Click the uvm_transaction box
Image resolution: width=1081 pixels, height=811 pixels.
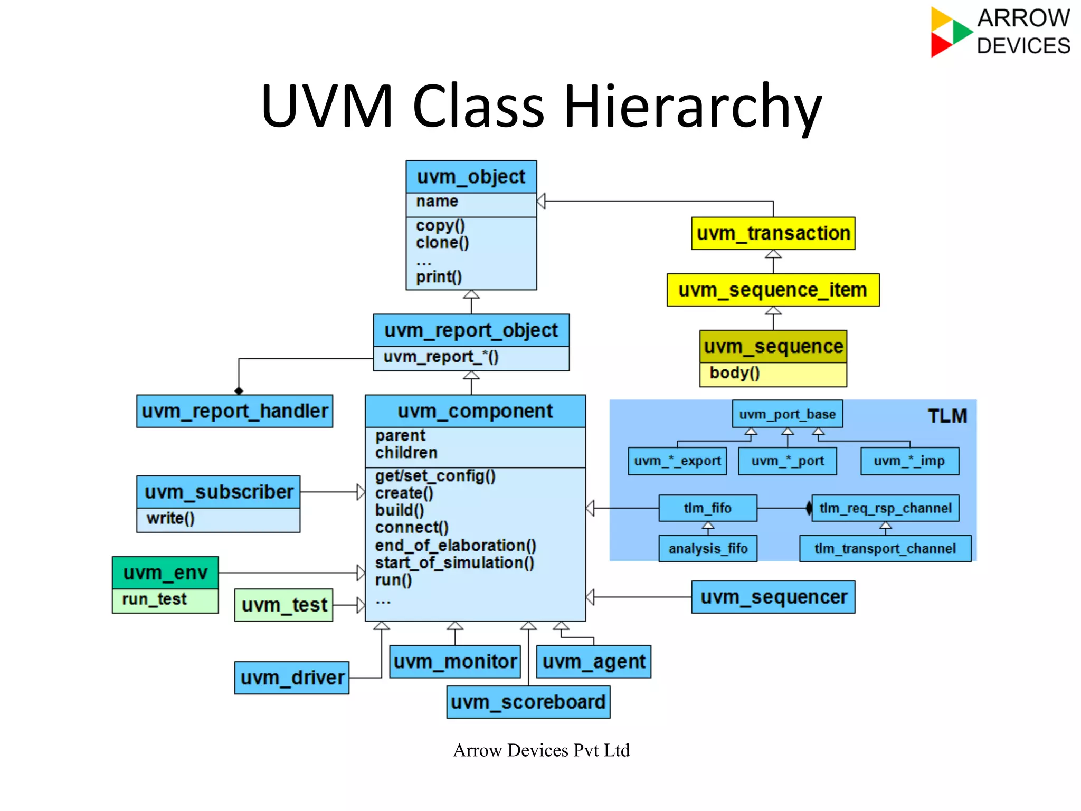(773, 233)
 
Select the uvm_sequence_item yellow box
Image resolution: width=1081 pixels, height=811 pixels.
(773, 290)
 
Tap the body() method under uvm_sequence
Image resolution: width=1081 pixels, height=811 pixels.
(734, 373)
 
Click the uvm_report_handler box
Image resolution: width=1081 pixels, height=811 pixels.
(234, 411)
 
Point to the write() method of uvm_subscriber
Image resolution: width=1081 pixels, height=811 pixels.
(170, 519)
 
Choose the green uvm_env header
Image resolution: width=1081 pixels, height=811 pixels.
(165, 573)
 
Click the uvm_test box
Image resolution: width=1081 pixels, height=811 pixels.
(284, 605)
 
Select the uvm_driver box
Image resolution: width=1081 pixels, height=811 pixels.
(292, 678)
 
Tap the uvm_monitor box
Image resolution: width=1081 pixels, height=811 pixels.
(455, 662)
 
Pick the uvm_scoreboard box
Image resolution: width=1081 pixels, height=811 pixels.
(528, 702)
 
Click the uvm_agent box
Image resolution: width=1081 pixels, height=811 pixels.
(594, 662)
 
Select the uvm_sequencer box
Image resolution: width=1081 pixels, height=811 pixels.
(773, 597)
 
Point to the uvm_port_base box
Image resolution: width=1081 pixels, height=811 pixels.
(787, 414)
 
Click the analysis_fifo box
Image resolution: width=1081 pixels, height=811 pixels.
(708, 549)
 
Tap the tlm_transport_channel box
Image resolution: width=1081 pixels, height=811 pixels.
(885, 549)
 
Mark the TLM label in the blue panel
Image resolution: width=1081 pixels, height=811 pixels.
(947, 416)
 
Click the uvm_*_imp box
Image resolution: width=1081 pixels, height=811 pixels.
(909, 461)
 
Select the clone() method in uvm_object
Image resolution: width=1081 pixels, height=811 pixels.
(442, 243)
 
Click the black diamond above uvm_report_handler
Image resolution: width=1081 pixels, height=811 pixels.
(239, 391)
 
